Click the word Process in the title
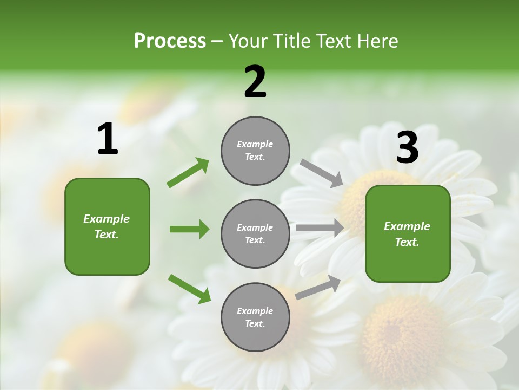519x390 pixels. [170, 41]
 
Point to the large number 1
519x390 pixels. [108, 139]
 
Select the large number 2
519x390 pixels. [255, 82]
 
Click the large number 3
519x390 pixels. [407, 148]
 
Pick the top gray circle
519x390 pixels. [255, 151]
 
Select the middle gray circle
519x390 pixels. [255, 234]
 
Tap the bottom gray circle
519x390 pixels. [255, 317]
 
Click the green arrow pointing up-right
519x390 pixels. [188, 173]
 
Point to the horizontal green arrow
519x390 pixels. [189, 229]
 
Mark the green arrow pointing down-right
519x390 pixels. [189, 289]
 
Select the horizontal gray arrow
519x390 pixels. [320, 228]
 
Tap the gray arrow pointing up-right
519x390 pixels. [318, 288]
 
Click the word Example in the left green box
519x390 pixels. [107, 219]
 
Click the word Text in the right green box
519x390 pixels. [406, 242]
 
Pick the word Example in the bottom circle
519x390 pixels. [255, 311]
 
